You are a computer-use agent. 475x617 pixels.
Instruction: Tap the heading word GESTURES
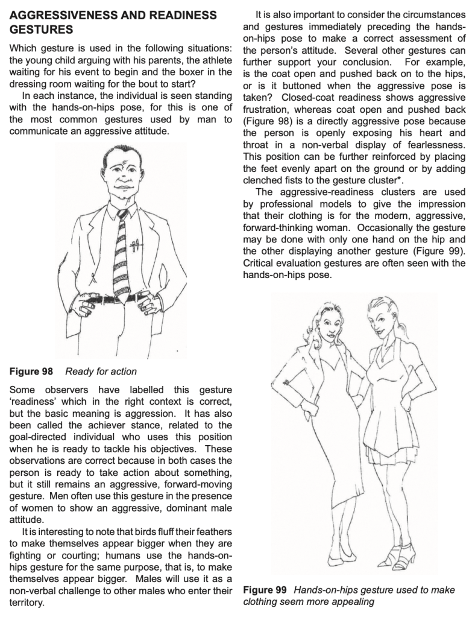click(x=34, y=28)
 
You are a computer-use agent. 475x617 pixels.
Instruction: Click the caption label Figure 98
click(x=31, y=371)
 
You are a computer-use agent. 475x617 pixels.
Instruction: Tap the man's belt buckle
click(x=112, y=298)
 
